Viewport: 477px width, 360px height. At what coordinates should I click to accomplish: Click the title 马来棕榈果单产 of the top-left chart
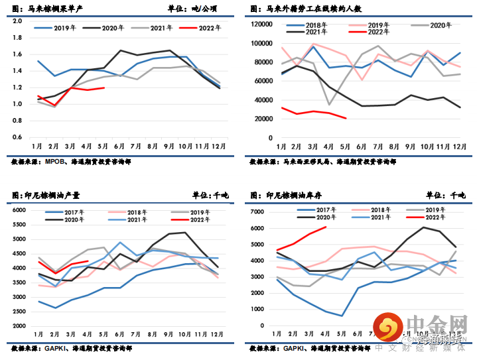click(50, 9)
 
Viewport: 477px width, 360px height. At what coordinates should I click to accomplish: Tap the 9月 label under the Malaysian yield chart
click(170, 147)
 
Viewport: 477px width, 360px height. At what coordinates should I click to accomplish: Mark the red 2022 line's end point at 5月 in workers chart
click(346, 119)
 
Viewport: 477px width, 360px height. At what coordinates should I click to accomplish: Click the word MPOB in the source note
click(54, 161)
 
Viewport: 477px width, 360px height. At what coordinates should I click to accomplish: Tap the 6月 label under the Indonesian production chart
click(120, 335)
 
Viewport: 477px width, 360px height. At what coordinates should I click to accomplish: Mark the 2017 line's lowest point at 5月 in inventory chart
click(342, 316)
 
